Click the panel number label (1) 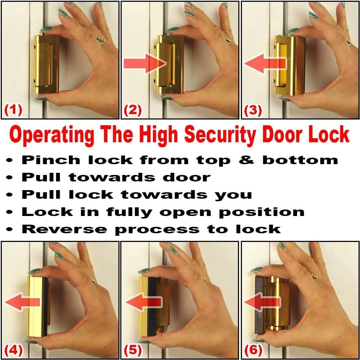(13, 110)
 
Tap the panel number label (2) (133, 110)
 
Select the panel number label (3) (253, 110)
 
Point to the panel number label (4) (13, 349)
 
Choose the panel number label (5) (133, 349)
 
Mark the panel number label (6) (253, 349)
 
